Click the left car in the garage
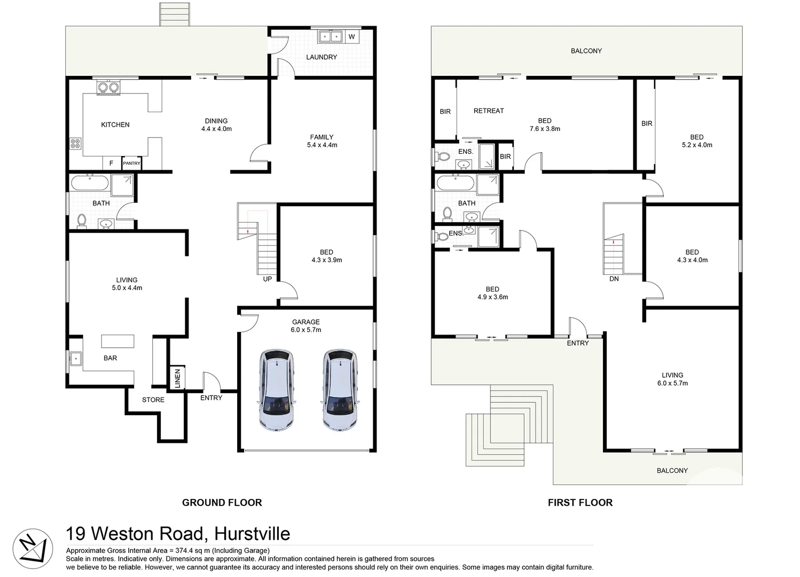[276, 390]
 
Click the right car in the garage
[339, 390]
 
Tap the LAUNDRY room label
[321, 57]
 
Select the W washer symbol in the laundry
[351, 37]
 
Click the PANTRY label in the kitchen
[131, 163]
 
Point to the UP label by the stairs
[268, 279]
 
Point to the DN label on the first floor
[614, 279]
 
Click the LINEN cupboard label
[177, 378]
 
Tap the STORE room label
[153, 400]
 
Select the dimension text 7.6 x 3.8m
[545, 129]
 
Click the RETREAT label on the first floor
[489, 111]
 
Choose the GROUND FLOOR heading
[222, 502]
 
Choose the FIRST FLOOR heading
[580, 502]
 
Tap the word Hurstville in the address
[252, 534]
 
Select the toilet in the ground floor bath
[82, 221]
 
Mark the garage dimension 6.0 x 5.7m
[306, 330]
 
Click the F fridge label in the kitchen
[111, 163]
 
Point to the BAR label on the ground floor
[110, 358]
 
